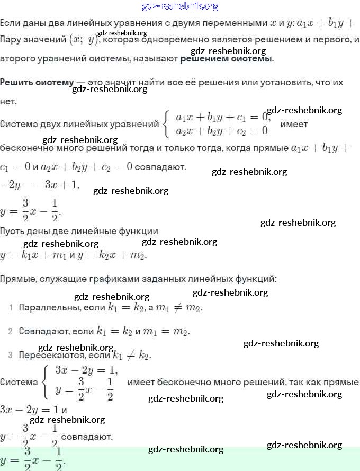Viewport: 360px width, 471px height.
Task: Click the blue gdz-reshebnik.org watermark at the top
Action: (180, 6)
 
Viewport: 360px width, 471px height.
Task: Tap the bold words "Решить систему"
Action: (37, 83)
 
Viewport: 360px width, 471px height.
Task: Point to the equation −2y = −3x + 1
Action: (40, 184)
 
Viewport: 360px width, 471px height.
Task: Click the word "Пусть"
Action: (12, 231)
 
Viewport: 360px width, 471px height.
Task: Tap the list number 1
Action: (11, 308)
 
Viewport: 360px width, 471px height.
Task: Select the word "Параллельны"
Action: (46, 307)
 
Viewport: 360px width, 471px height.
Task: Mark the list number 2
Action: (11, 332)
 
